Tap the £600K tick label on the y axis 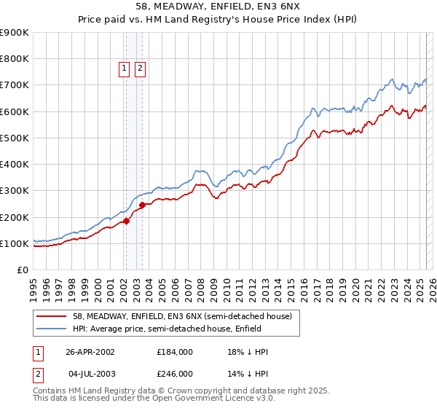[x=15, y=111]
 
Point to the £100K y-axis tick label [x=15, y=243]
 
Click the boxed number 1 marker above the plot [x=124, y=69]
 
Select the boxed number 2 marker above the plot [x=139, y=69]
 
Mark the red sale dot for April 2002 [x=126, y=221]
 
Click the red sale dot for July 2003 [x=142, y=205]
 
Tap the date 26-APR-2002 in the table [x=90, y=352]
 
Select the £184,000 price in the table [x=175, y=352]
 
